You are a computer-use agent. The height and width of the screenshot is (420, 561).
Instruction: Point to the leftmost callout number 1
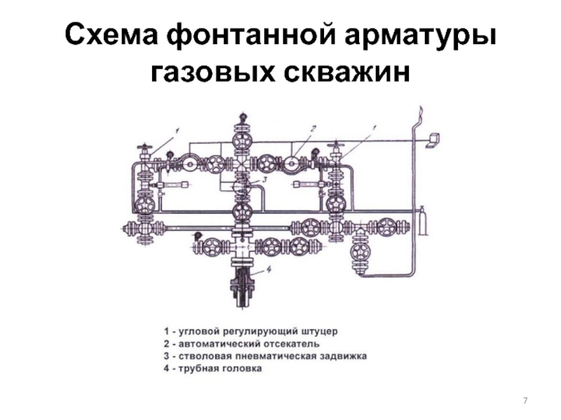pos(177,129)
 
